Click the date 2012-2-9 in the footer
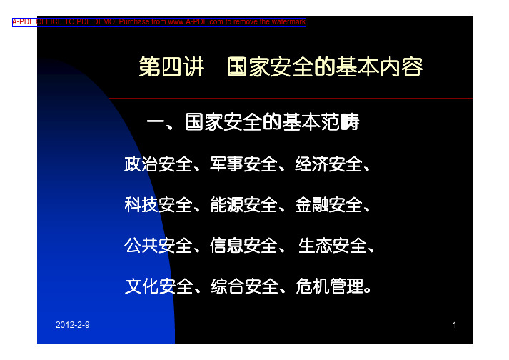pyautogui.click(x=72, y=324)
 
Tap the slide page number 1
pyautogui.click(x=455, y=324)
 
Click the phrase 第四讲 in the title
pyautogui.click(x=171, y=67)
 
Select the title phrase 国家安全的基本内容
pyautogui.click(x=325, y=67)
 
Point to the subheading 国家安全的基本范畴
pyautogui.click(x=273, y=122)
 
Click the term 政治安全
pyautogui.click(x=158, y=164)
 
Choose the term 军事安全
pyautogui.click(x=243, y=164)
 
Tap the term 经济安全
pyautogui.click(x=328, y=164)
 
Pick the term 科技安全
pyautogui.click(x=158, y=205)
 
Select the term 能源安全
pyautogui.click(x=243, y=205)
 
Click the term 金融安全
pyautogui.click(x=328, y=205)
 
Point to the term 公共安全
pyautogui.click(x=158, y=245)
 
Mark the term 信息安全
pyautogui.click(x=243, y=245)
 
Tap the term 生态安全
pyautogui.click(x=333, y=245)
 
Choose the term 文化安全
pyautogui.click(x=158, y=286)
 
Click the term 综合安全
pyautogui.click(x=244, y=286)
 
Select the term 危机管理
pyautogui.click(x=330, y=286)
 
